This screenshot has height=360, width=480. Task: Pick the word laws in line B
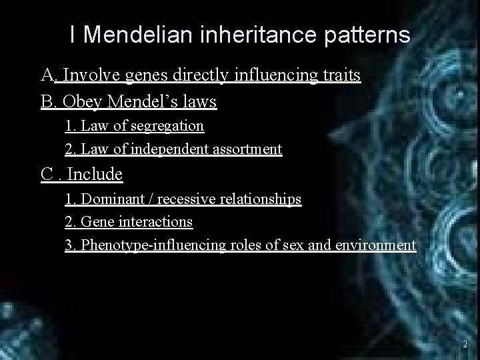click(199, 103)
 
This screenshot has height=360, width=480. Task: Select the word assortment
click(246, 149)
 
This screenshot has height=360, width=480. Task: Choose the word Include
click(95, 175)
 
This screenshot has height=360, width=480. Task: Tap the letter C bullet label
click(47, 175)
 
